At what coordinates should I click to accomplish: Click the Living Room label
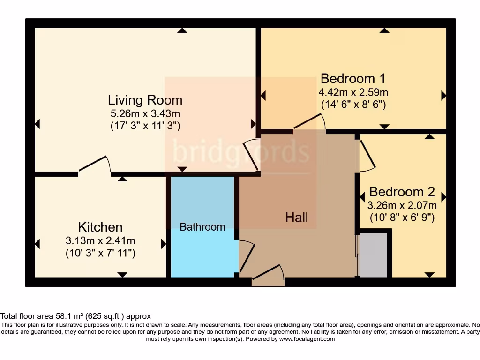pyautogui.click(x=145, y=100)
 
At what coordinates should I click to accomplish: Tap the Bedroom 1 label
pyautogui.click(x=353, y=78)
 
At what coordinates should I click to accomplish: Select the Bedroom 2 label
pyautogui.click(x=402, y=192)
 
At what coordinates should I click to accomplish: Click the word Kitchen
pyautogui.click(x=100, y=227)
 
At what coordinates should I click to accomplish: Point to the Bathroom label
pyautogui.click(x=202, y=227)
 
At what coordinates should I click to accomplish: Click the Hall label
pyautogui.click(x=297, y=217)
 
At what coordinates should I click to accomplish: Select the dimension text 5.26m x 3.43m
pyautogui.click(x=145, y=113)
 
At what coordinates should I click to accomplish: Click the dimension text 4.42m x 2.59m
pyautogui.click(x=353, y=92)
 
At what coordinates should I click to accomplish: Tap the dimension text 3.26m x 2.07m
pyautogui.click(x=403, y=205)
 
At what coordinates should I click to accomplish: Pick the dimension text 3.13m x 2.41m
pyautogui.click(x=100, y=241)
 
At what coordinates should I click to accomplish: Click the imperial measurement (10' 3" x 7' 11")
pyautogui.click(x=100, y=254)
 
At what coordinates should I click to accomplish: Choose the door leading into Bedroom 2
pyautogui.click(x=367, y=155)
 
